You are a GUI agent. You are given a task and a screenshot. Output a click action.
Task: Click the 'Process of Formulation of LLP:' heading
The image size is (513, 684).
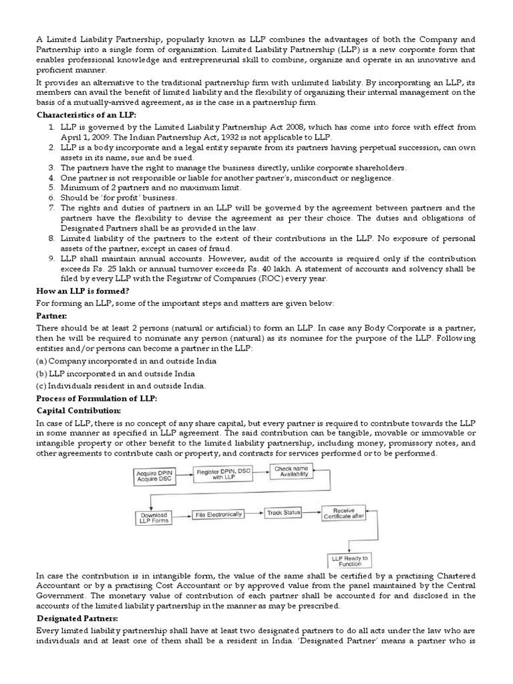[x=96, y=398]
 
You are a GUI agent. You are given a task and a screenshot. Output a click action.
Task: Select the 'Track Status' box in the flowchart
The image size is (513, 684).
[x=283, y=512]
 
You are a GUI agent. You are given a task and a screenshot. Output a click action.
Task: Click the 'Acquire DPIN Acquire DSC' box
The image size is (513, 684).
[x=154, y=476]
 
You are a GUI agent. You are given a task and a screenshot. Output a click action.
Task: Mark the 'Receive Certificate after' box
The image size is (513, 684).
[x=344, y=513]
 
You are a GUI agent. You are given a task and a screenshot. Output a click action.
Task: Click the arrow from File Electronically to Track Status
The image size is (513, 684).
[x=253, y=513]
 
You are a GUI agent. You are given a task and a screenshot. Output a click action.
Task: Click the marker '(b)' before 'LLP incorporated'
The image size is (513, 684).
[x=42, y=373]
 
